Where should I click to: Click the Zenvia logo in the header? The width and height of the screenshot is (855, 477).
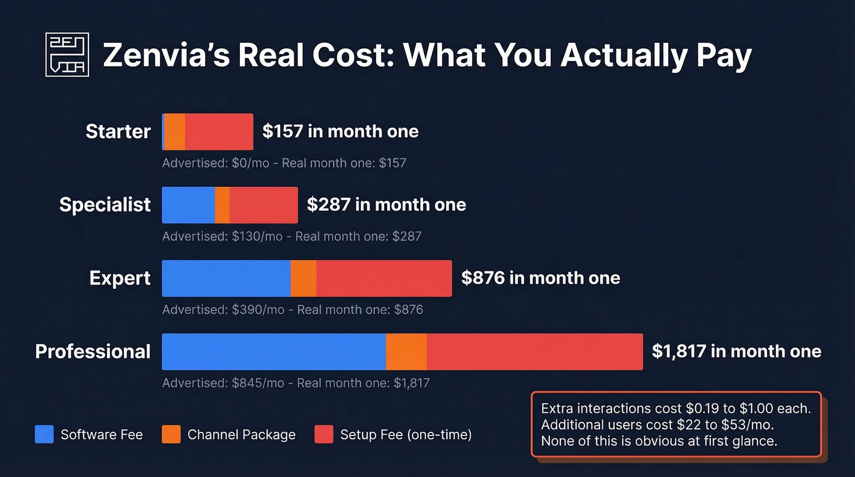[67, 55]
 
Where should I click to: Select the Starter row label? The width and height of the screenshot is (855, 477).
[118, 131]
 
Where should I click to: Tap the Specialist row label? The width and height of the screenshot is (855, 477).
[105, 205]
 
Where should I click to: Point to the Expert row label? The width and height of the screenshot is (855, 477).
[120, 278]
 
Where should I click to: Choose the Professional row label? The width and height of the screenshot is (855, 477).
[93, 351]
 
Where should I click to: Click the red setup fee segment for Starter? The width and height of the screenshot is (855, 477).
[219, 131]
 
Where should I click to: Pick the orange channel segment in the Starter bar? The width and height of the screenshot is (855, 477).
[175, 131]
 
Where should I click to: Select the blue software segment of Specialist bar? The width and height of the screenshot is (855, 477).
[188, 205]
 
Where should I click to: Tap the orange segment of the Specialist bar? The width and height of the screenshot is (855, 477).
[222, 205]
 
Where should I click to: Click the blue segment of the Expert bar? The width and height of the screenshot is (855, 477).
[226, 279]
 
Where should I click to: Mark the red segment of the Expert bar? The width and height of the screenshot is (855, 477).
[384, 279]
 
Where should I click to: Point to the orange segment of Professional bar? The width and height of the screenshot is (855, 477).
[406, 352]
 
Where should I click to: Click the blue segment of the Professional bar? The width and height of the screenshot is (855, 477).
[274, 352]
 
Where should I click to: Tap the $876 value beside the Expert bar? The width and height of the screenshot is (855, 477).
[483, 278]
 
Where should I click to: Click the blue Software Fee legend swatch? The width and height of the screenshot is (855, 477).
[45, 434]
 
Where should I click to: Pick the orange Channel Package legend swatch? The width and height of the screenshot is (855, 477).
[171, 434]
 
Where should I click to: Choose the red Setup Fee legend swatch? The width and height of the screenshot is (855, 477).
[324, 434]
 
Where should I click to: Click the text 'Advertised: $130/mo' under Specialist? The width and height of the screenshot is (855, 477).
[222, 236]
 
